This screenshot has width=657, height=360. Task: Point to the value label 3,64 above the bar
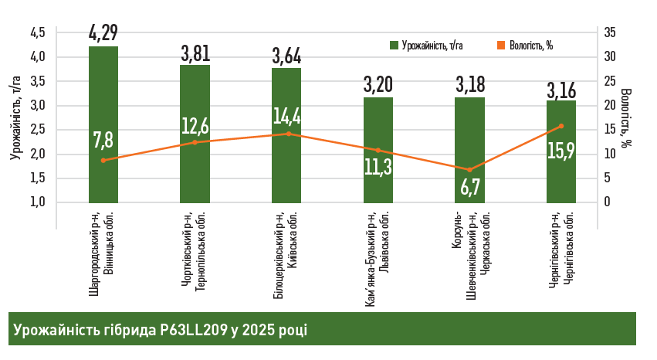click(x=286, y=56)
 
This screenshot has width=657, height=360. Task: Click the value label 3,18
click(x=469, y=83)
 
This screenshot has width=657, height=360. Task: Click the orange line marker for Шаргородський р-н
click(x=103, y=160)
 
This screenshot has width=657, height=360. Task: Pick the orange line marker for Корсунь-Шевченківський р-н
click(x=469, y=170)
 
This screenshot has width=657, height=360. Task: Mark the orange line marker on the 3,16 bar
click(x=561, y=126)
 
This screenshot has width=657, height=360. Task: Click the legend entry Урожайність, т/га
click(x=432, y=45)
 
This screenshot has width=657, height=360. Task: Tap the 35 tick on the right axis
click(x=609, y=32)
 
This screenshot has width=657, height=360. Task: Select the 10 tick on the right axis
click(x=609, y=154)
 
